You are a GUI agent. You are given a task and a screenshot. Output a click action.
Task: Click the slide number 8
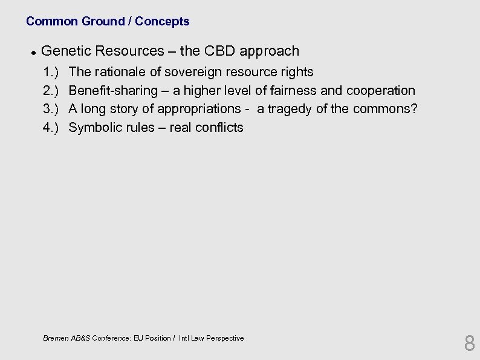469,344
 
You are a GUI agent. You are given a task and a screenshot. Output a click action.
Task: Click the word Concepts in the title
162,21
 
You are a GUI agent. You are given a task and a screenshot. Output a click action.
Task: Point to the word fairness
294,91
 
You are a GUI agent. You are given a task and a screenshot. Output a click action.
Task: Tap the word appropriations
199,110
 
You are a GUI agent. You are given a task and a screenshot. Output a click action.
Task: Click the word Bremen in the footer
56,338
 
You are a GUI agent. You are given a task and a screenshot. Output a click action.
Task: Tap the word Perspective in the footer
224,338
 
